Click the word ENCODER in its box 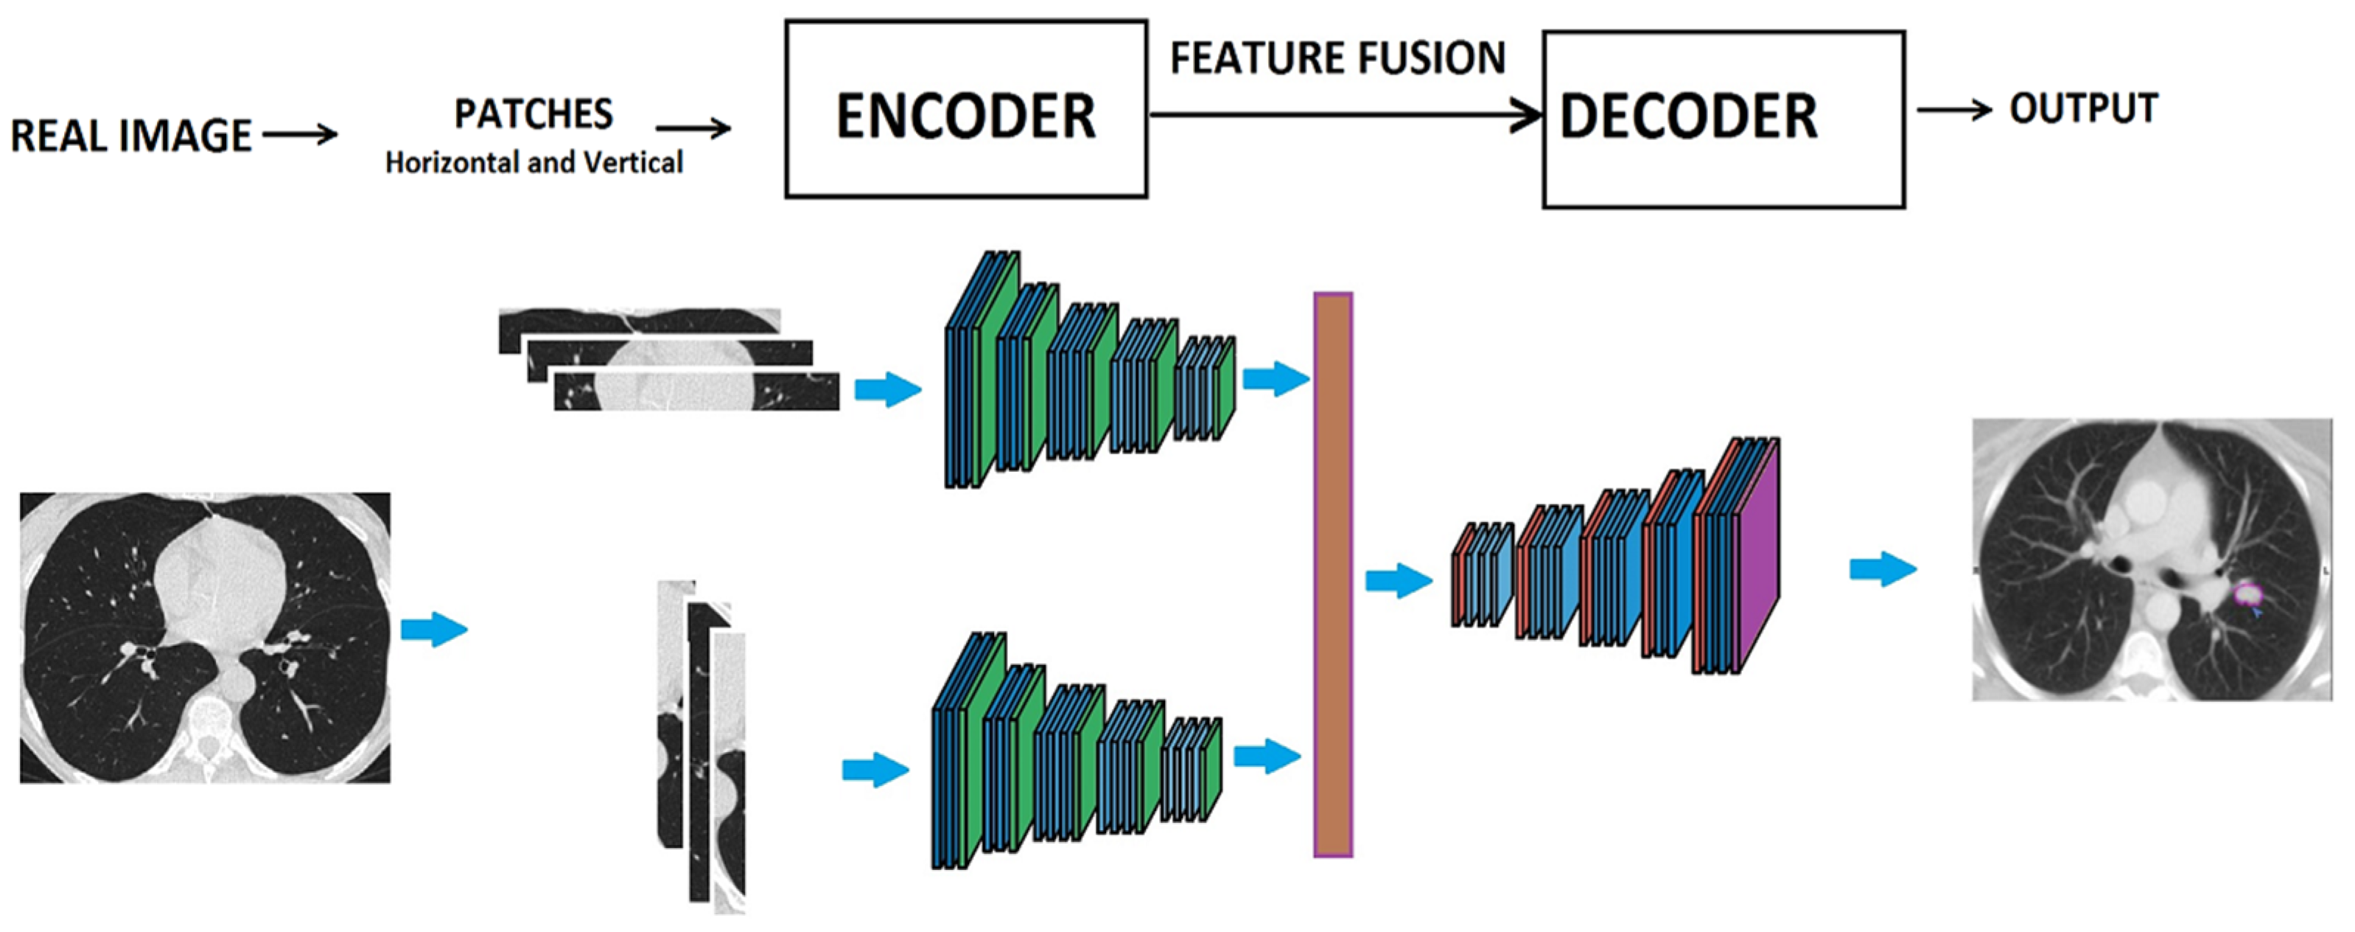click(965, 116)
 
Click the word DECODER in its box click(1687, 117)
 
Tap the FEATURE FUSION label click(1337, 58)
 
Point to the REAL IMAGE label click(130, 136)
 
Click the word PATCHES click(534, 114)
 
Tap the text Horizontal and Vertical click(534, 163)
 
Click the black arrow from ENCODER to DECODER click(1344, 115)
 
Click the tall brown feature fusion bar click(1332, 574)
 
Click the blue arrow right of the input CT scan click(433, 629)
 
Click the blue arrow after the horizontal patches click(886, 389)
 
